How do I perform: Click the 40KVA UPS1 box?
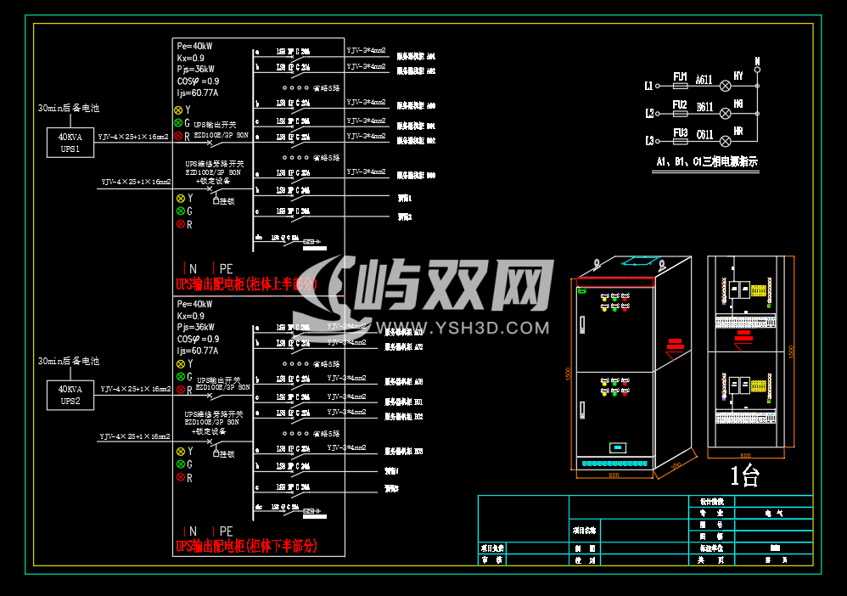(x=70, y=143)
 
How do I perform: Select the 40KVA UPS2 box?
(x=70, y=395)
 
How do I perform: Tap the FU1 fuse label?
(x=680, y=76)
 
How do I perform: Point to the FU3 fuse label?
(x=680, y=132)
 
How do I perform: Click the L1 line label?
(x=649, y=86)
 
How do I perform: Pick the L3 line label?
(x=649, y=141)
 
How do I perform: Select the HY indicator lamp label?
(x=738, y=76)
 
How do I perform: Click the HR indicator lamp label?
(x=738, y=132)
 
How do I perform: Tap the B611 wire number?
(x=704, y=107)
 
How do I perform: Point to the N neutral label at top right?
(x=757, y=60)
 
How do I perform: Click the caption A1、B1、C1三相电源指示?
(x=706, y=161)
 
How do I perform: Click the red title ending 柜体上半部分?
(x=245, y=284)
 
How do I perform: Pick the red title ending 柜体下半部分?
(x=245, y=545)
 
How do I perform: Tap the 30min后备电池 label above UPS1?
(x=68, y=109)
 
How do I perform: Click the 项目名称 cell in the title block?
(x=584, y=529)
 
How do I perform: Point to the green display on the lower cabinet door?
(x=618, y=447)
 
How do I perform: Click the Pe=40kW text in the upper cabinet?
(x=194, y=46)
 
